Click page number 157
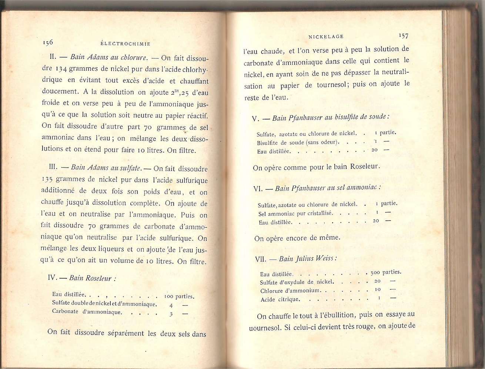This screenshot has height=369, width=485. coord(403,36)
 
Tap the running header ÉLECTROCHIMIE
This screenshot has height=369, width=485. coord(123,44)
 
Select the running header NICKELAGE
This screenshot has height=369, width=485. coord(326,36)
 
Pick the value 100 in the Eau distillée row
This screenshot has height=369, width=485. coord(169,296)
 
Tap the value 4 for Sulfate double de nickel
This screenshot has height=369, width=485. coord(171,305)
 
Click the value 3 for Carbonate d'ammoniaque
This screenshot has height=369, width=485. coord(171,314)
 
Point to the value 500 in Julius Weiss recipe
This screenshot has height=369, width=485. coord(375,272)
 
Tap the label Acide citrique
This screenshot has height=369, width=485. coord(280,299)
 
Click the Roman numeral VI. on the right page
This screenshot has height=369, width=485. coord(258,188)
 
